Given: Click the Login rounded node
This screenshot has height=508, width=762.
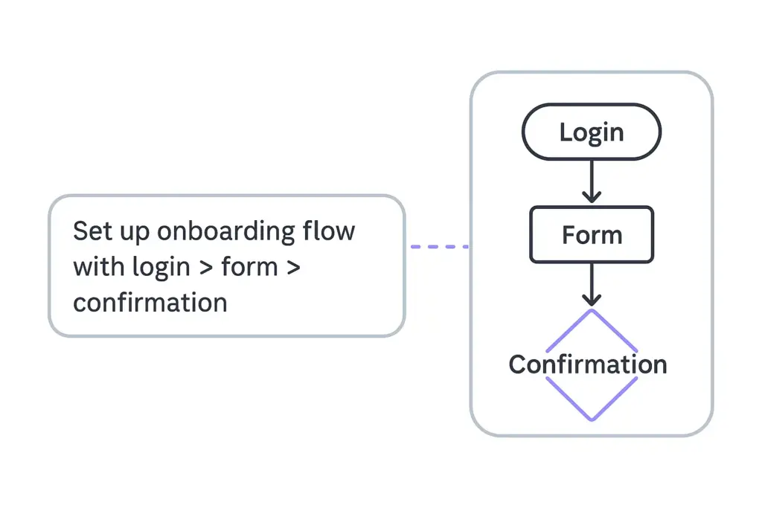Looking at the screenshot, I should (x=592, y=133).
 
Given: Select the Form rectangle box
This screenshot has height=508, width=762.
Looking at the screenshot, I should (x=592, y=235).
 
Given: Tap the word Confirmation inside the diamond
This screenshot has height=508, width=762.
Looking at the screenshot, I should (x=588, y=364).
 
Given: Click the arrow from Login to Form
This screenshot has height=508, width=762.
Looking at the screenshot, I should (x=592, y=179).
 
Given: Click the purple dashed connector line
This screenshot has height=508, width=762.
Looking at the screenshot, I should (x=439, y=246).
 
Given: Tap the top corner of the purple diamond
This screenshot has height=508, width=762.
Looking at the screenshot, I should (x=592, y=311).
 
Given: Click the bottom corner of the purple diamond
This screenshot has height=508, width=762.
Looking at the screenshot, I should (x=592, y=419).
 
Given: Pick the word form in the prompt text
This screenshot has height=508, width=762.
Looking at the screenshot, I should (x=249, y=266).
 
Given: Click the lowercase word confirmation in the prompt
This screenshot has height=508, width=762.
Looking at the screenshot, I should (x=150, y=303).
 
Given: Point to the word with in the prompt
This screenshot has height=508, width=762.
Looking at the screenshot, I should (x=99, y=266).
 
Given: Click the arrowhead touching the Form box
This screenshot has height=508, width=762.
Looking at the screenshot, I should (x=592, y=198).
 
